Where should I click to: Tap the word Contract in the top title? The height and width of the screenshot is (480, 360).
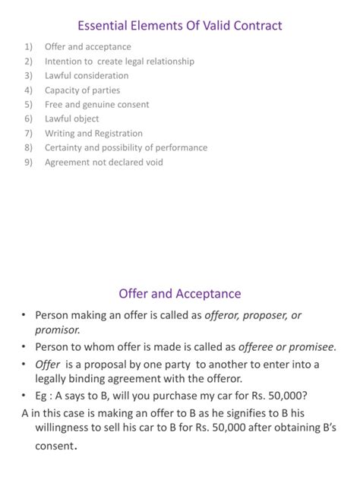pos(256,27)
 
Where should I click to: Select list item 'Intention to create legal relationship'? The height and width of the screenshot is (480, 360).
pos(119,62)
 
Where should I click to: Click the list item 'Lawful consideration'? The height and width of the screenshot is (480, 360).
pos(87,76)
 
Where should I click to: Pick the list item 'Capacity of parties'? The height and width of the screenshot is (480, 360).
pos(82,90)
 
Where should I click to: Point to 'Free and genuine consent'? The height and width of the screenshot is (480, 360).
pos(96,105)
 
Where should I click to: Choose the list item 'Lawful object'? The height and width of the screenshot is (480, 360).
pos(71,119)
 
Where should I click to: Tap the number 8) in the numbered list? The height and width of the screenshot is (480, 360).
pos(28,148)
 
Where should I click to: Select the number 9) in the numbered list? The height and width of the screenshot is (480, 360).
pos(28,163)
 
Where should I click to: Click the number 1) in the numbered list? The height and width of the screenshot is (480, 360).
pos(28,47)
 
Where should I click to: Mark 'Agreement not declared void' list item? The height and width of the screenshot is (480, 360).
pos(103,163)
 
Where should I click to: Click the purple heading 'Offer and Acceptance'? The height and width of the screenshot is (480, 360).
pos(180,294)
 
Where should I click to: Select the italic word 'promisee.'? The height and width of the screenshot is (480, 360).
pos(309,347)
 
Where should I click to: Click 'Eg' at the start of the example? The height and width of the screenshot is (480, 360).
pos(43,395)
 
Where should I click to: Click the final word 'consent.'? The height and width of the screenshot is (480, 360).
pos(56,447)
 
